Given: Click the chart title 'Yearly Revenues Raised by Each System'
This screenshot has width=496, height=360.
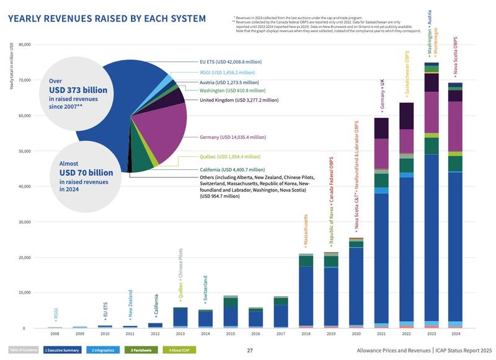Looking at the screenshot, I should [x=106, y=19].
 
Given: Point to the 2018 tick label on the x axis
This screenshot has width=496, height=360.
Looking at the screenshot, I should [x=306, y=333].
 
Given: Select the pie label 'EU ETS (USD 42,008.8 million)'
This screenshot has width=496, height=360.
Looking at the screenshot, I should [x=231, y=62].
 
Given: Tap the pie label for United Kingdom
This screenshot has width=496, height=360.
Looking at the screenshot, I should [x=233, y=100].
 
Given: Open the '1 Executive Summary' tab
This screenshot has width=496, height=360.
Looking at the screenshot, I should [x=63, y=351].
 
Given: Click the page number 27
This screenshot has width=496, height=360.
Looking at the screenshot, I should [x=250, y=351].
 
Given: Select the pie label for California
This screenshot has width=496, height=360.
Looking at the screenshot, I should [x=232, y=169].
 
